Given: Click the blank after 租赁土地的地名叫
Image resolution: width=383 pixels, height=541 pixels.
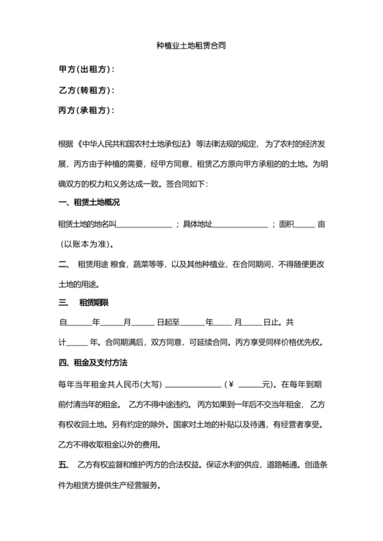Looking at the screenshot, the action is tap(147, 224).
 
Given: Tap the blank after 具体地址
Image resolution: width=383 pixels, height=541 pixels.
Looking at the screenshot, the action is tap(241, 224).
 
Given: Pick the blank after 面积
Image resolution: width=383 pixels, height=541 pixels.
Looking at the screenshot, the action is tap(305, 224).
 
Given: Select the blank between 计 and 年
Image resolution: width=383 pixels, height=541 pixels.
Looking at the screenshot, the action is tap(79, 343).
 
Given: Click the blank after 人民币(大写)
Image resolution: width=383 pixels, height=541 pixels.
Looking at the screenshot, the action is tap(194, 383).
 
